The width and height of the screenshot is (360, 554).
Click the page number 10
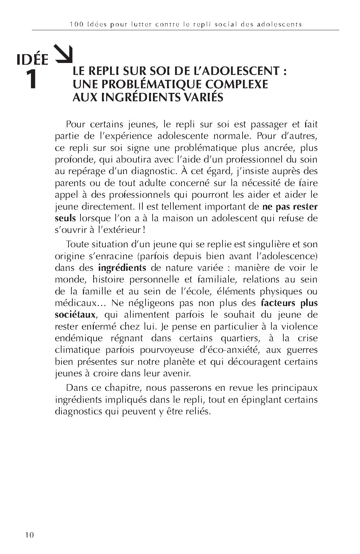point(29,535)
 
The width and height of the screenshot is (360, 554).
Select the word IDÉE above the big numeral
point(33,60)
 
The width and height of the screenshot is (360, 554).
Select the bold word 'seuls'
point(65,218)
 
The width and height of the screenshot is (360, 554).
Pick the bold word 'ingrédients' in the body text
point(122,268)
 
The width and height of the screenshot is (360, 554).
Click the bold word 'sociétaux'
point(75,314)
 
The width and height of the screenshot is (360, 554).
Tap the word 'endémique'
point(79,338)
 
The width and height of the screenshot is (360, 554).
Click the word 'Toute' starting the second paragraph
point(78,244)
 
